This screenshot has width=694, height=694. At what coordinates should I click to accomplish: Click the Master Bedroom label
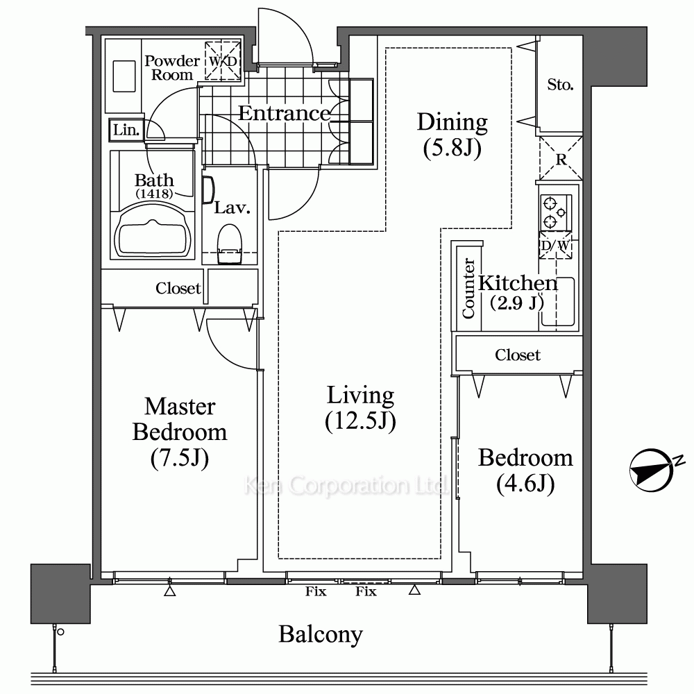click(x=180, y=432)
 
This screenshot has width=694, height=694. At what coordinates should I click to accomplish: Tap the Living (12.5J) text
click(x=360, y=408)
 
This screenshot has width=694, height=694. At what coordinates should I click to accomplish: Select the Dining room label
click(x=452, y=135)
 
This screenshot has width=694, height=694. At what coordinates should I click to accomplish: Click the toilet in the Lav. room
click(x=230, y=244)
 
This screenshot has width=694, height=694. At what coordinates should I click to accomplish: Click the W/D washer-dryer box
click(x=223, y=60)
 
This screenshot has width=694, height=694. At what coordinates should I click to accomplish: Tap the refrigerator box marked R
click(x=561, y=158)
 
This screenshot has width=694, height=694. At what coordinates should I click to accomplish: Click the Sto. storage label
click(x=560, y=84)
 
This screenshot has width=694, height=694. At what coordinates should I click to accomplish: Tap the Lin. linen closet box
click(x=126, y=130)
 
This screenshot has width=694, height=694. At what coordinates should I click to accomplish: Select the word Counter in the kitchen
click(x=468, y=288)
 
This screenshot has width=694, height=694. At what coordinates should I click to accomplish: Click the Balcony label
click(x=321, y=634)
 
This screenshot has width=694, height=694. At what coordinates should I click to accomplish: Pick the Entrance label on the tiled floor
click(x=284, y=113)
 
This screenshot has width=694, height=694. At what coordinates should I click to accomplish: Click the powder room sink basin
click(x=124, y=76)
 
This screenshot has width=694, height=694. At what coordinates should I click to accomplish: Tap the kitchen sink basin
click(x=558, y=302)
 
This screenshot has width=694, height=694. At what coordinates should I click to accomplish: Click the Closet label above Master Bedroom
click(x=178, y=288)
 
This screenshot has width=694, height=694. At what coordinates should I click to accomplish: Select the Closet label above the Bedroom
click(x=518, y=355)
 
